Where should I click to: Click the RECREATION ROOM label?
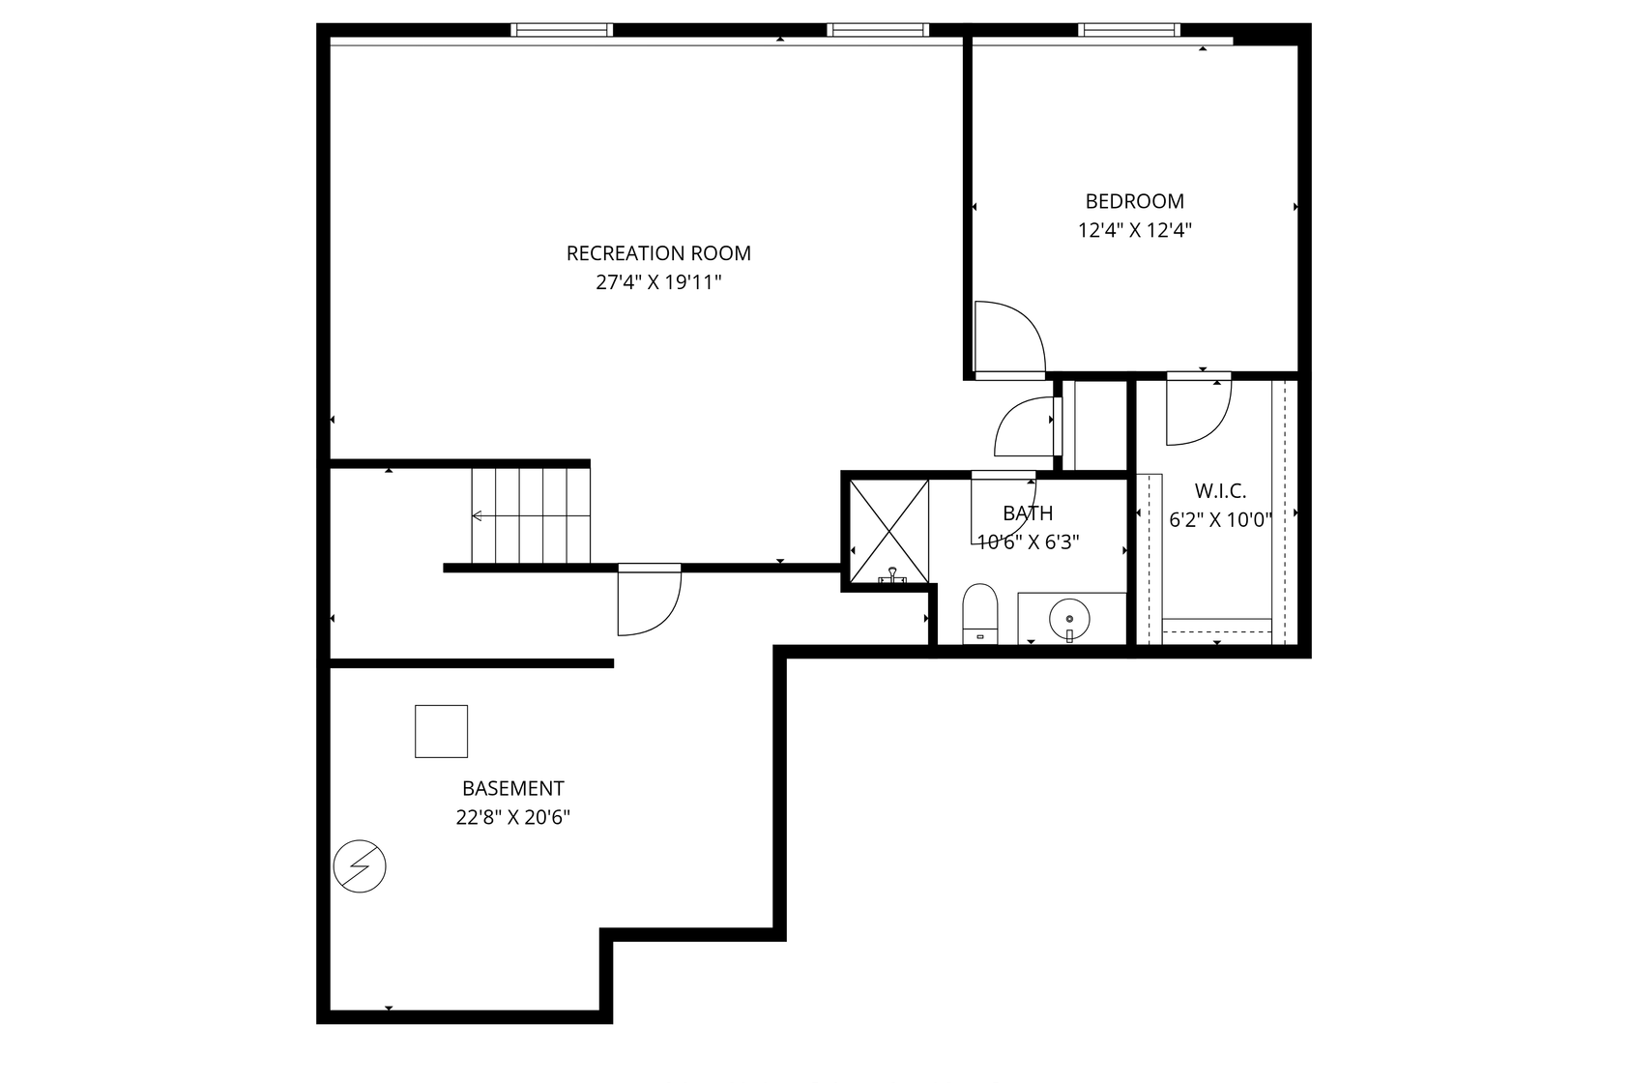click(658, 253)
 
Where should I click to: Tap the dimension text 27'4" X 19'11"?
click(658, 283)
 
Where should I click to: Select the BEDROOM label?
click(1134, 201)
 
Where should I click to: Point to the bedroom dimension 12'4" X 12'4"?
click(1134, 231)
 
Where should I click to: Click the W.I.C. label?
click(1220, 490)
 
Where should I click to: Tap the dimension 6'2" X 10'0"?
click(1220, 520)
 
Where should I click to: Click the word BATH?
click(1028, 513)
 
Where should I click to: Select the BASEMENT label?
click(512, 788)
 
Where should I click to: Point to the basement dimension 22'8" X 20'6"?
click(512, 818)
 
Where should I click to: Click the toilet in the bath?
click(980, 613)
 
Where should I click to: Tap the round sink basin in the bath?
click(1069, 617)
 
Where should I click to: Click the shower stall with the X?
click(888, 530)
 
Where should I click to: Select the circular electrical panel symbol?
click(360, 865)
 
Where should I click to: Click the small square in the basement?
click(441, 731)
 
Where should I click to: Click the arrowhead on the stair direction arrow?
click(476, 515)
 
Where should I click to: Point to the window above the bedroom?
click(1128, 30)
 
